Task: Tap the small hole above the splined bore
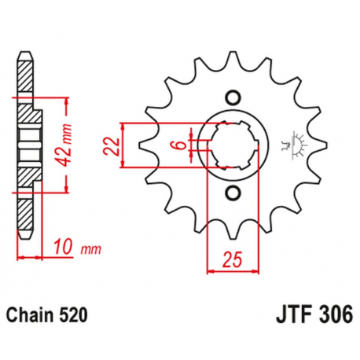point(231,97)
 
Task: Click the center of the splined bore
point(231,145)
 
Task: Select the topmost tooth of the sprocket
point(231,59)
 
